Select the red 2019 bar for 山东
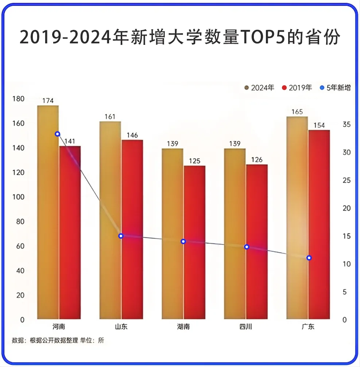tap(132, 230)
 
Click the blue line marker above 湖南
tap(183, 241)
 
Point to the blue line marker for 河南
tap(57, 134)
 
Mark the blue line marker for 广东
tap(309, 258)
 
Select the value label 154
tap(319, 125)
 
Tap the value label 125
tap(194, 161)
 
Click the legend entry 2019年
tap(297, 88)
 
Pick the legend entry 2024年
tap(259, 88)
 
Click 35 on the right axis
tap(346, 125)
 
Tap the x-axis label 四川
tap(245, 327)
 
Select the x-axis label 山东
tap(121, 327)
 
